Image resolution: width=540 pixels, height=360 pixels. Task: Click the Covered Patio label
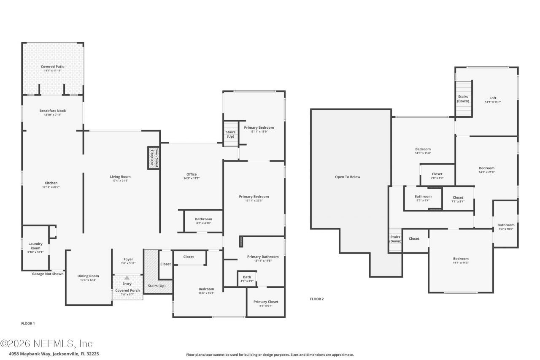click(x=53, y=67)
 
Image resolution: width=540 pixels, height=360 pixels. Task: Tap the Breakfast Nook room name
click(x=53, y=111)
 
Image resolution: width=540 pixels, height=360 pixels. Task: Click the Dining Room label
click(x=89, y=276)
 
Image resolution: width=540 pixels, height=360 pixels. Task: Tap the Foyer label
click(x=128, y=260)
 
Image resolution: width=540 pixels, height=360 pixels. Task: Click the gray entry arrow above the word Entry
click(x=127, y=278)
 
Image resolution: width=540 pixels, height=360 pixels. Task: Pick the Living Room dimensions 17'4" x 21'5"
click(x=120, y=181)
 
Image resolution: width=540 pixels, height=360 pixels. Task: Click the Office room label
click(x=192, y=174)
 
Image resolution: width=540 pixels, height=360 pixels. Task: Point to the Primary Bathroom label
click(x=263, y=257)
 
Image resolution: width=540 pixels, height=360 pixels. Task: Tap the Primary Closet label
click(x=266, y=302)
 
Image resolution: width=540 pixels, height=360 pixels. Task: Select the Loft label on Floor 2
click(x=493, y=98)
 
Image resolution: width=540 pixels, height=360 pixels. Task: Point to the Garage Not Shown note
click(x=48, y=274)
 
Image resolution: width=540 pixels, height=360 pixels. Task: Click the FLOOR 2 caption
click(x=317, y=299)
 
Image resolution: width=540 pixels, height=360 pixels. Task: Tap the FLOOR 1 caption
click(x=28, y=323)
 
